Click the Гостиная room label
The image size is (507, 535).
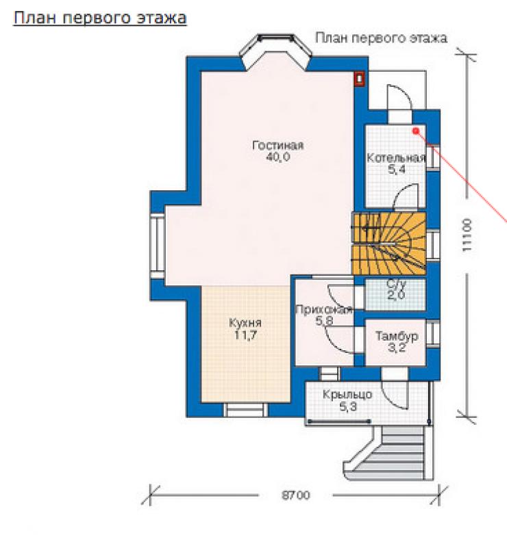[277, 145]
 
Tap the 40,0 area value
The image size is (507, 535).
[277, 157]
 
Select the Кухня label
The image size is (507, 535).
[245, 323]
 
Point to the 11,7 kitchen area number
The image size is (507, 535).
[245, 335]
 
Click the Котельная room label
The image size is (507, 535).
[396, 157]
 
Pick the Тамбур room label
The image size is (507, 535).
[397, 336]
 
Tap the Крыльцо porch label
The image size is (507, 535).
[347, 395]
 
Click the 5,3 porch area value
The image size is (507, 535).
[348, 406]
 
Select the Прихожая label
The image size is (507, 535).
[323, 309]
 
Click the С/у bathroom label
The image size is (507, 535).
[396, 283]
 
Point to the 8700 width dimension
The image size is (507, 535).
[296, 495]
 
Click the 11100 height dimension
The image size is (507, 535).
[467, 235]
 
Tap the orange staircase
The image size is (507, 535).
[388, 244]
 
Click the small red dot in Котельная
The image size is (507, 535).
[416, 131]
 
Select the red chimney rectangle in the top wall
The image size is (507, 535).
[359, 79]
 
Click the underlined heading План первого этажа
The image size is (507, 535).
[100, 18]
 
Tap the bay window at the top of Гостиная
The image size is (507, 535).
[275, 51]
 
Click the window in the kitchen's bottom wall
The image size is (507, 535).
[245, 410]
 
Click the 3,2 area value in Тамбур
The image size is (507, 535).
[397, 348]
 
